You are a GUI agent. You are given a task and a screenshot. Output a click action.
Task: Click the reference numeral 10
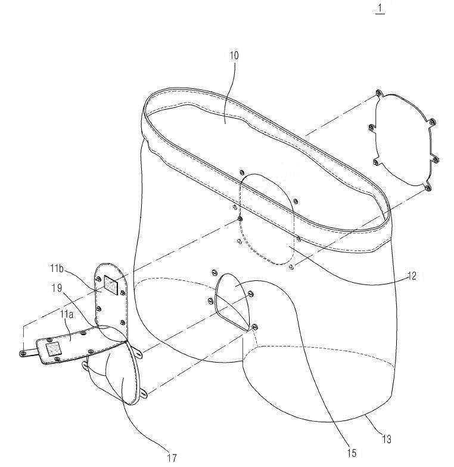pyautogui.click(x=234, y=56)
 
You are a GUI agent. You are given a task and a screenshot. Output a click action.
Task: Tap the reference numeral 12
pyautogui.click(x=412, y=276)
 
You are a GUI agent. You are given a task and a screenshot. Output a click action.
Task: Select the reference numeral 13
pyautogui.click(x=387, y=440)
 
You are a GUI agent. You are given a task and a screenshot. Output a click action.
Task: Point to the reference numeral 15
pyautogui.click(x=352, y=453)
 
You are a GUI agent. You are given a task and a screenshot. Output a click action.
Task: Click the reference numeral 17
pyautogui.click(x=172, y=458)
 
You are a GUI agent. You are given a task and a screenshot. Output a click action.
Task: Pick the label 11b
pyautogui.click(x=57, y=268)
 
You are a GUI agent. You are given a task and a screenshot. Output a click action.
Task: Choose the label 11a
pyautogui.click(x=67, y=314)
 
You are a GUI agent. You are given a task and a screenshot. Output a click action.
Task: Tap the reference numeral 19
pyautogui.click(x=57, y=288)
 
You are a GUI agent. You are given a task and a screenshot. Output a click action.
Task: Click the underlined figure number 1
pyautogui.click(x=380, y=8)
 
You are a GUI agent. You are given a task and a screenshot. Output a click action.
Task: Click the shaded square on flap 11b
pyautogui.click(x=111, y=285)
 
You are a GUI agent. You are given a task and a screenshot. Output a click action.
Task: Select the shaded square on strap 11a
pyautogui.click(x=53, y=349)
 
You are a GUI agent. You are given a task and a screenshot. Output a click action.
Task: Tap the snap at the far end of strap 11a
pyautogui.click(x=23, y=353)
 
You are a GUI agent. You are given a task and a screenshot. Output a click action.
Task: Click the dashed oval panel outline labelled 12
pyautogui.click(x=267, y=219)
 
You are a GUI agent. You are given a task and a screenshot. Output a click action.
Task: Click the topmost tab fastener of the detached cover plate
pyautogui.click(x=378, y=93)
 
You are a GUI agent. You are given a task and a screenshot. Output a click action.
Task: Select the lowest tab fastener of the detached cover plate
pyautogui.click(x=428, y=188)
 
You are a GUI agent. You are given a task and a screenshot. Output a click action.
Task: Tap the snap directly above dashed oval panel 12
pyautogui.click(x=241, y=172)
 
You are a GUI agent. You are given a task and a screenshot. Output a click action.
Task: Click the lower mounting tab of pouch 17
pyautogui.click(x=144, y=395)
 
